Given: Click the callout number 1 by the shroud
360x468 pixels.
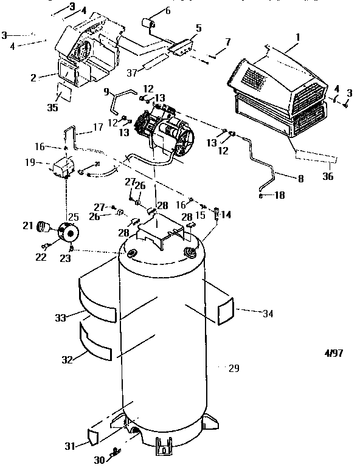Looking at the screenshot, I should pos(297,36).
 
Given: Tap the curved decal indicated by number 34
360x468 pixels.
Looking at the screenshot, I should pos(226,311).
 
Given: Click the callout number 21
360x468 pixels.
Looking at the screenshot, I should pos(27,225).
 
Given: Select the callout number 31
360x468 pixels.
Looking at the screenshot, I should pos(71,446).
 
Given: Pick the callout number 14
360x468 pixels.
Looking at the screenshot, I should pos(226,215).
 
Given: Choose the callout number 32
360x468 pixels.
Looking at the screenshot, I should pos(67,359).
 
